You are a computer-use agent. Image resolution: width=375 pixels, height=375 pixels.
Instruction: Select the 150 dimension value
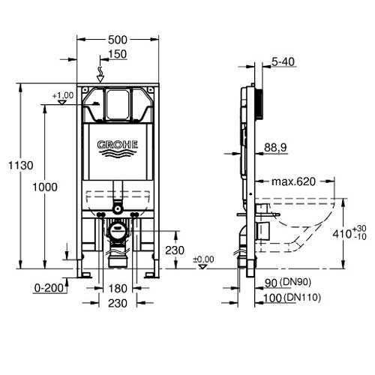(117, 54)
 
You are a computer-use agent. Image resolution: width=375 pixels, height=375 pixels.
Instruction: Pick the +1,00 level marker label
(63, 95)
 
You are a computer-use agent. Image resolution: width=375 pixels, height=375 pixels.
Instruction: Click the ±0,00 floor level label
(202, 259)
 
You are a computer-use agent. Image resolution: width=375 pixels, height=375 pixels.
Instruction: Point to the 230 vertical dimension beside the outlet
(175, 250)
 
